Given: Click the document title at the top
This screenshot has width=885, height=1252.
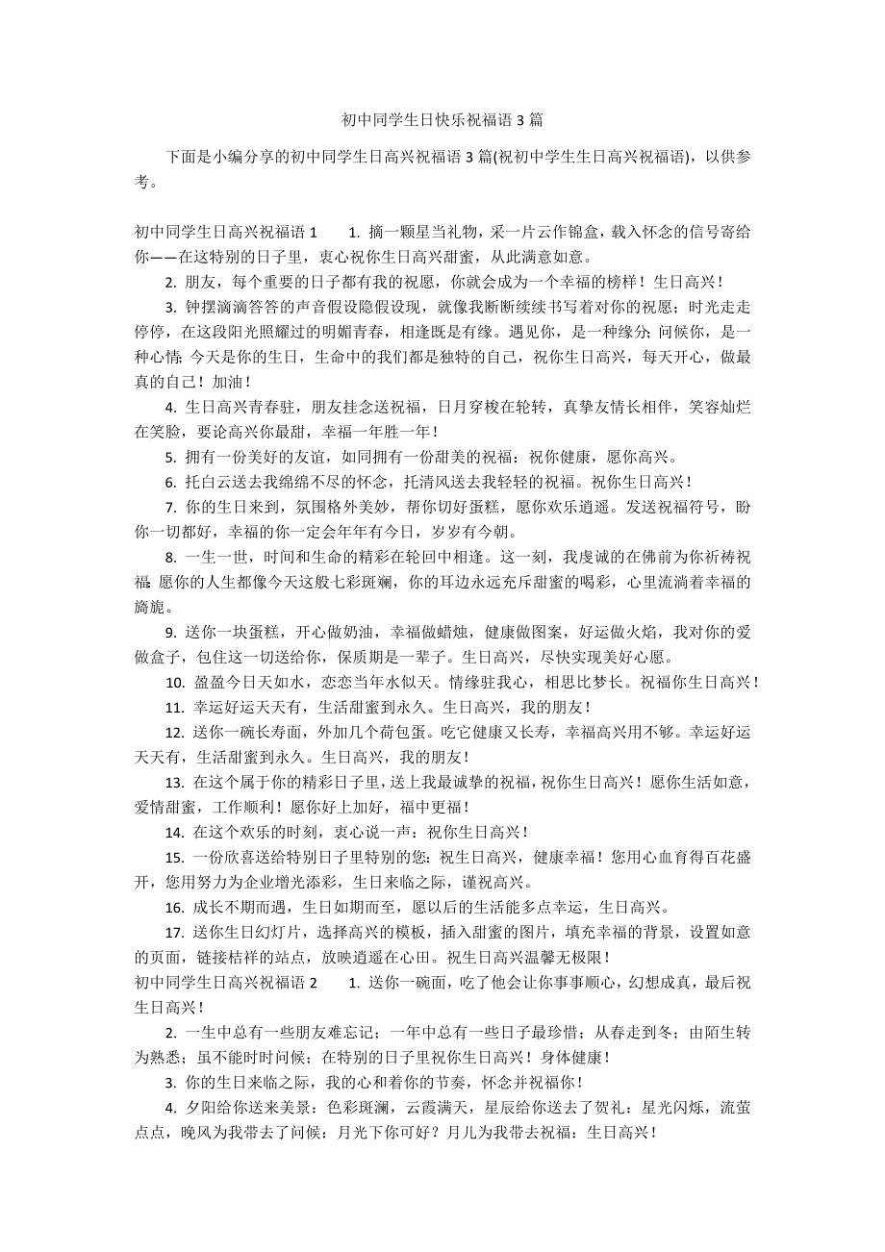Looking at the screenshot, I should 442,120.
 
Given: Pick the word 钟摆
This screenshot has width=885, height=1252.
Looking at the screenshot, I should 200,307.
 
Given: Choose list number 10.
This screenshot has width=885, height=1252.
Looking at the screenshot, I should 175,682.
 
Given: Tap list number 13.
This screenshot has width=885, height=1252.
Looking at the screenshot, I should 175,782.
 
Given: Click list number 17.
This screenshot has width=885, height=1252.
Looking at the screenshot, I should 175,932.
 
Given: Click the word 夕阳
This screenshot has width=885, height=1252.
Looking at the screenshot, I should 200,1107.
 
